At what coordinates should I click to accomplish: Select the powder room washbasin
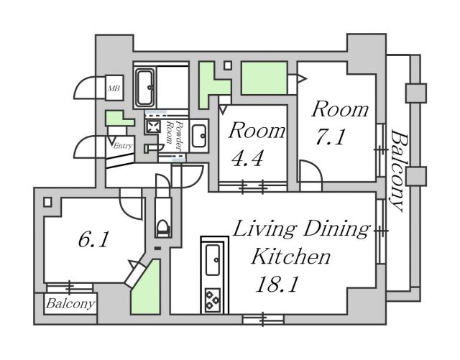click(x=199, y=134)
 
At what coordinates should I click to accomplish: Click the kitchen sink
click(x=213, y=260)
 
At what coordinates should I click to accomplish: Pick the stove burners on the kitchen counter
click(x=213, y=298)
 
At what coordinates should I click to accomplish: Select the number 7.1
click(x=330, y=137)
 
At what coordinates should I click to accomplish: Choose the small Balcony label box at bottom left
click(x=70, y=304)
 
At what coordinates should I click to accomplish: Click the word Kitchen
click(x=290, y=256)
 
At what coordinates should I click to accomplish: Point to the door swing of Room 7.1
click(x=310, y=175)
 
